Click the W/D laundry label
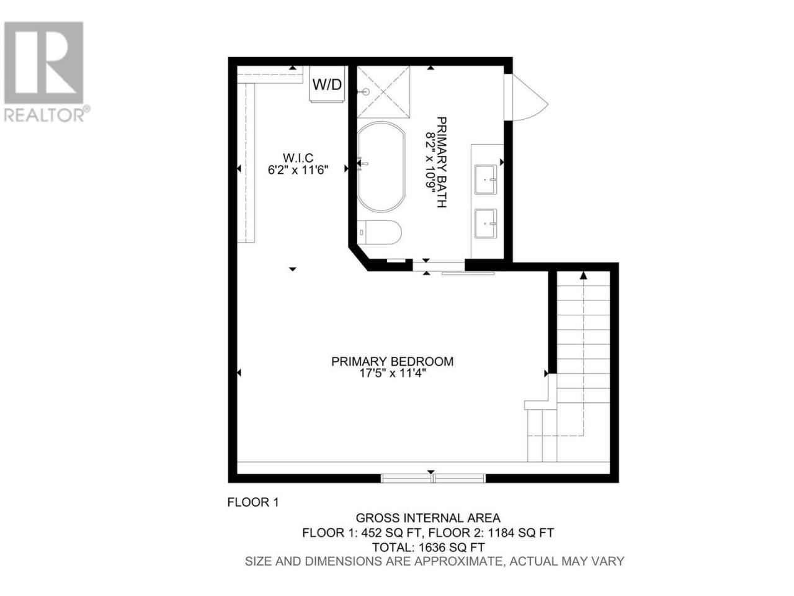pyautogui.click(x=327, y=84)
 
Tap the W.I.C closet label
pyautogui.click(x=298, y=158)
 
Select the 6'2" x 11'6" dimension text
pyautogui.click(x=298, y=169)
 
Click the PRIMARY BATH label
pyautogui.click(x=441, y=162)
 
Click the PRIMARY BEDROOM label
pyautogui.click(x=392, y=361)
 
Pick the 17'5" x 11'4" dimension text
pyautogui.click(x=392, y=373)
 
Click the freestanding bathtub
pyautogui.click(x=381, y=167)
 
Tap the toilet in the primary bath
pyautogui.click(x=379, y=232)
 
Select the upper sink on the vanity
pyautogui.click(x=486, y=179)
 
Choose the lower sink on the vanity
pyautogui.click(x=486, y=223)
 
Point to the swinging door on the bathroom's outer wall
pyautogui.click(x=525, y=97)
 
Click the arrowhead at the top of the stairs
pyautogui.click(x=583, y=276)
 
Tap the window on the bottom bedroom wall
pyautogui.click(x=433, y=479)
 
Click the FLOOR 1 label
pyautogui.click(x=253, y=502)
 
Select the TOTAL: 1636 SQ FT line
pyautogui.click(x=428, y=547)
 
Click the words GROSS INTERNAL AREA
pyautogui.click(x=428, y=518)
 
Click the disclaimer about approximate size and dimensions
pyautogui.click(x=435, y=561)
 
